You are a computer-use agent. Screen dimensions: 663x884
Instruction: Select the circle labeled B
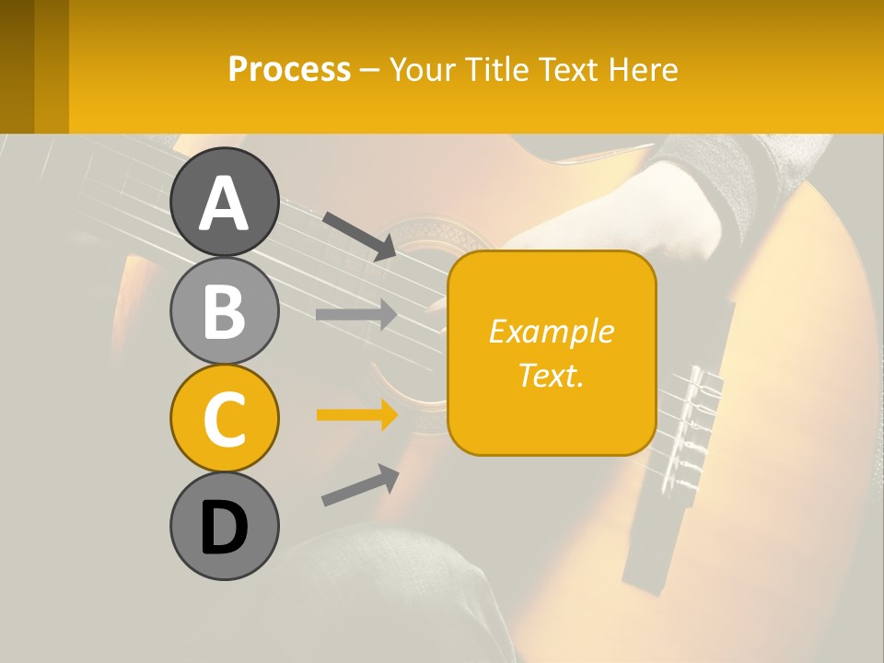click(x=224, y=310)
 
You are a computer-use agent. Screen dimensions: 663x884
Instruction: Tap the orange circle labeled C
click(x=224, y=419)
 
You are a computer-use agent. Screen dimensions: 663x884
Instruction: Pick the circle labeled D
click(x=224, y=527)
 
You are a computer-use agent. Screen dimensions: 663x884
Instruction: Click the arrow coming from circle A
click(x=359, y=235)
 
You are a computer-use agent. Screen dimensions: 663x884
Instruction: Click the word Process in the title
click(x=289, y=69)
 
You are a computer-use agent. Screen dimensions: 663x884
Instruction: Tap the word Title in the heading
click(x=494, y=69)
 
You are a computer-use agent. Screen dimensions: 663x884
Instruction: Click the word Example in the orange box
click(x=552, y=331)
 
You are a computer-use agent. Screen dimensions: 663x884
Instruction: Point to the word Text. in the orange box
click(x=552, y=375)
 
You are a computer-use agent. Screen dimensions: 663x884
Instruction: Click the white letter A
click(x=224, y=204)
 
